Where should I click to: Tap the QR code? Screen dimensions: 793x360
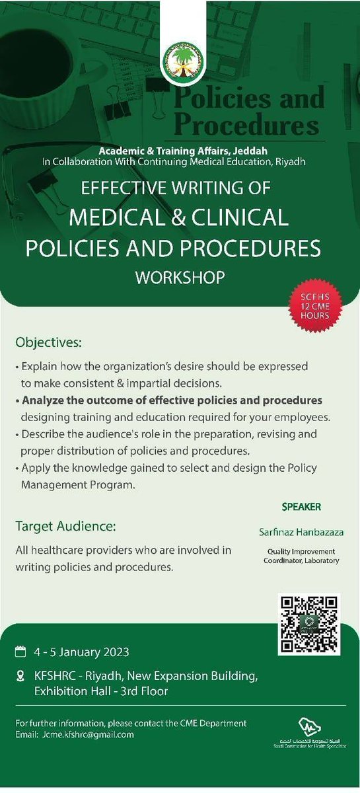point(308,624)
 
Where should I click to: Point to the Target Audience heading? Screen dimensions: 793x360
point(65,527)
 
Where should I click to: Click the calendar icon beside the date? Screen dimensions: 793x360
point(20,652)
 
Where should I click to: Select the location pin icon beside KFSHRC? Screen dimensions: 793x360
point(20,676)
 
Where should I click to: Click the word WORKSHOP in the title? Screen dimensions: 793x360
point(180,277)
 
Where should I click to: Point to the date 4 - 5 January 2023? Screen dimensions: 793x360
point(81,652)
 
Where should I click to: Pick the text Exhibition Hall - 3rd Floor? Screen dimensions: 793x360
point(101,691)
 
